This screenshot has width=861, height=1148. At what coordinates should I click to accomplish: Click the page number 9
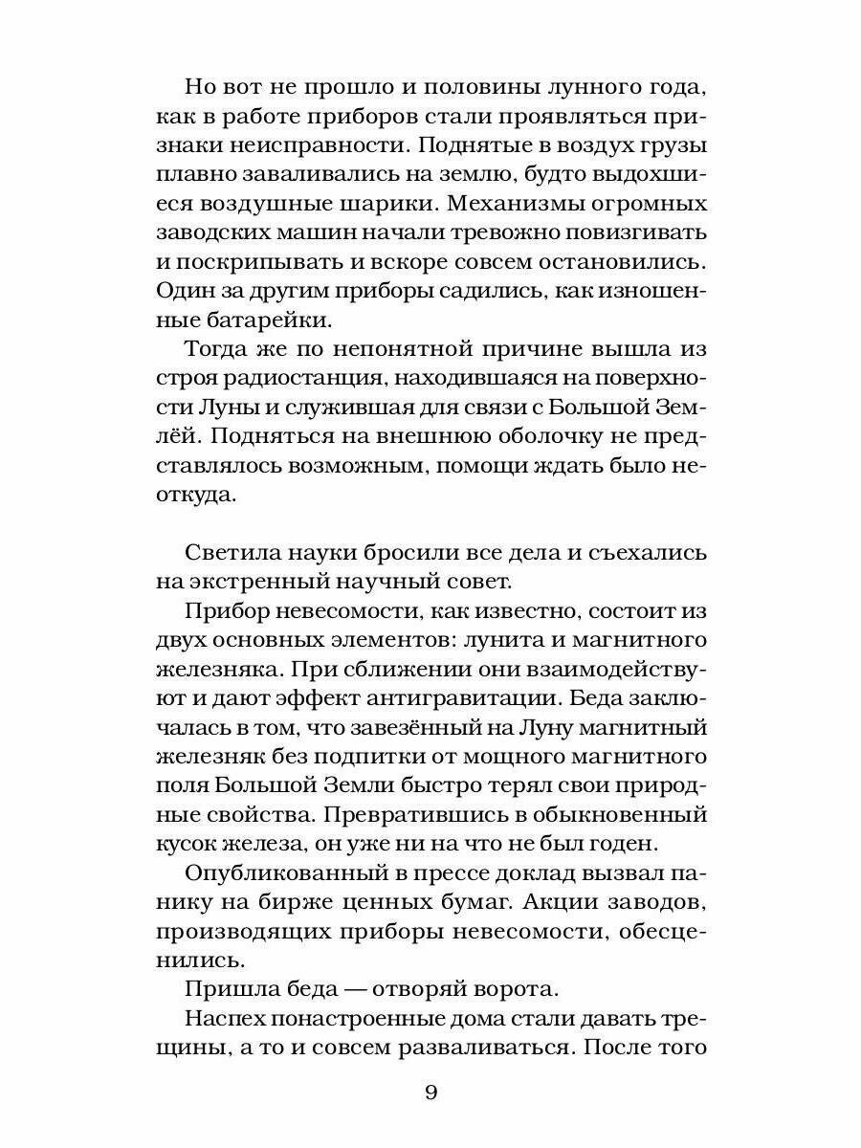(430, 1093)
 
